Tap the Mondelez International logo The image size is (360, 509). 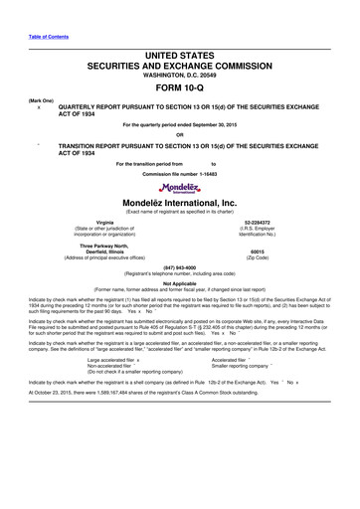click(x=180, y=188)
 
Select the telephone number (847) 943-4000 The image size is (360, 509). click(x=180, y=266)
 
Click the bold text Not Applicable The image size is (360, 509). click(x=180, y=282)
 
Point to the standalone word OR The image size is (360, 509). click(x=180, y=135)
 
